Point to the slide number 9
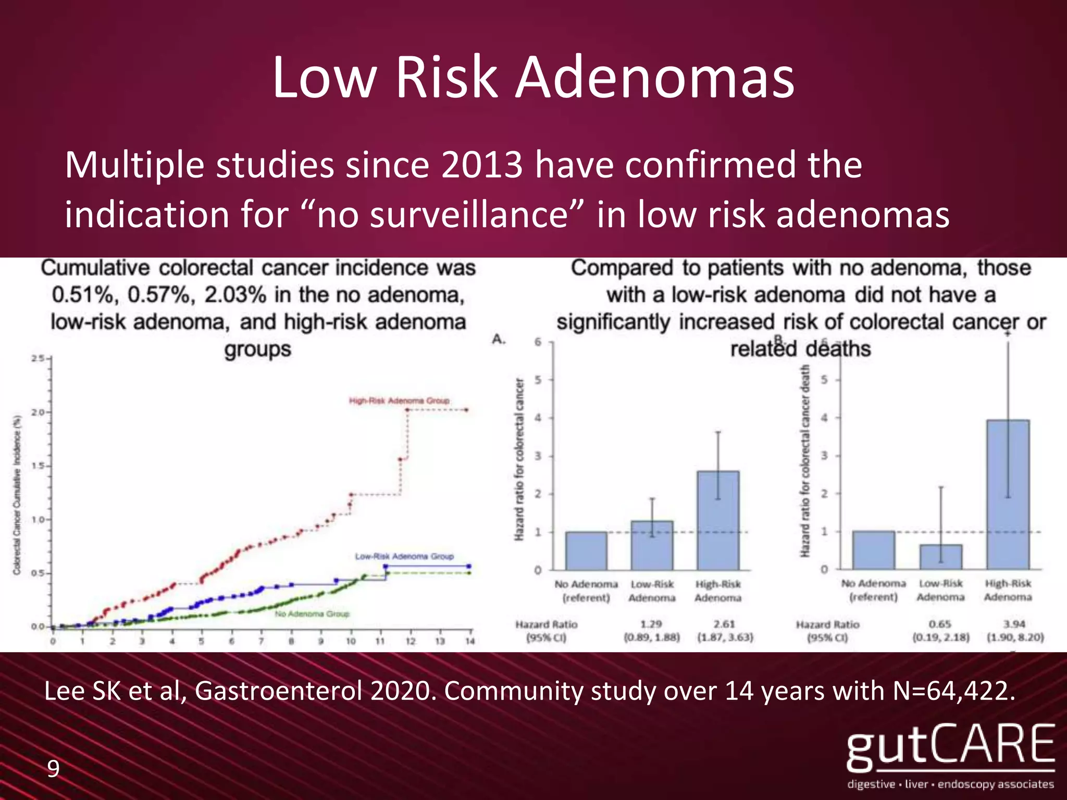tap(53, 769)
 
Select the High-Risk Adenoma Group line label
tap(399, 401)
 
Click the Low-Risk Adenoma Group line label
tap(404, 556)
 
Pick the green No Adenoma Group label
tap(312, 614)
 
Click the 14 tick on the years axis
tap(470, 641)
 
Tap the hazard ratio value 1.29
tap(651, 624)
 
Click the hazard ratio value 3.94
tap(1014, 624)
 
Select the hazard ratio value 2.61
tap(724, 624)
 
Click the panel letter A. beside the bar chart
tap(499, 340)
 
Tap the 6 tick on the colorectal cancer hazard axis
tap(538, 342)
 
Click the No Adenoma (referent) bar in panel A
tap(586, 551)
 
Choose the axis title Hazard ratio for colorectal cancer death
tap(805, 461)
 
